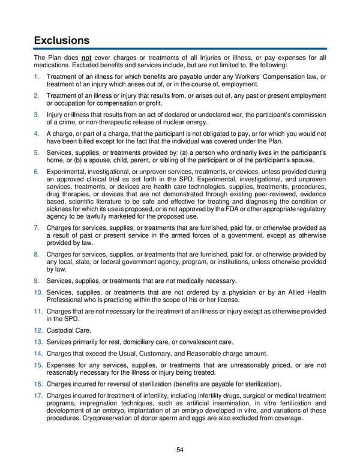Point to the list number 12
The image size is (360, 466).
tap(38, 331)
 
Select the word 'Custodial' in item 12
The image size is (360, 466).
tap(61, 331)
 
